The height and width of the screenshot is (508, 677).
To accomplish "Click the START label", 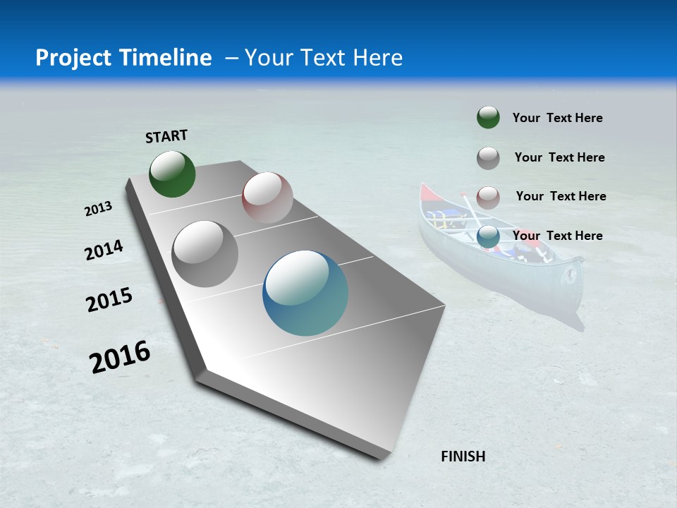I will click(166, 135).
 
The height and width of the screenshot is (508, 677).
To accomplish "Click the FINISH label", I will click(463, 456).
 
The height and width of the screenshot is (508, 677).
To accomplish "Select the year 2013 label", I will click(98, 209).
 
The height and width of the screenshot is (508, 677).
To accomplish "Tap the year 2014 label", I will click(104, 250).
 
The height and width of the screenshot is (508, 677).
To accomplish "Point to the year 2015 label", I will click(109, 300).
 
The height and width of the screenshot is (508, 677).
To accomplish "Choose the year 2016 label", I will click(120, 356).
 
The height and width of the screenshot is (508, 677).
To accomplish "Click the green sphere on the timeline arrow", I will click(172, 174).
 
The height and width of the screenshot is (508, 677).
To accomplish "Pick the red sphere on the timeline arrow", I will click(267, 198).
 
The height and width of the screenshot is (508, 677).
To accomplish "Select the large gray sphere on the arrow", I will click(205, 254).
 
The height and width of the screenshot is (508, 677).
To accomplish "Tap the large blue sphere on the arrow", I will click(305, 293).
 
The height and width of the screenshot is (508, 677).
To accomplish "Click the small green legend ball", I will click(488, 117).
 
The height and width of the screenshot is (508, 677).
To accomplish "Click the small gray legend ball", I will click(488, 158).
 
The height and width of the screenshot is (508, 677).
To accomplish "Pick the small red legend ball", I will click(488, 198).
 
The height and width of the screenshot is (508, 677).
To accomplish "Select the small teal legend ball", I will click(488, 236).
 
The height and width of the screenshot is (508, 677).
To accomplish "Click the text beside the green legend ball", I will click(557, 118).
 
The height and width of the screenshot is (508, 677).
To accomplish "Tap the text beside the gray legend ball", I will click(559, 157).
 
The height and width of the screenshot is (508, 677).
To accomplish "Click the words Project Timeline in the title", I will click(123, 58).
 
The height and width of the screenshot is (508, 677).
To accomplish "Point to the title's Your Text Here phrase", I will click(323, 58).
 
